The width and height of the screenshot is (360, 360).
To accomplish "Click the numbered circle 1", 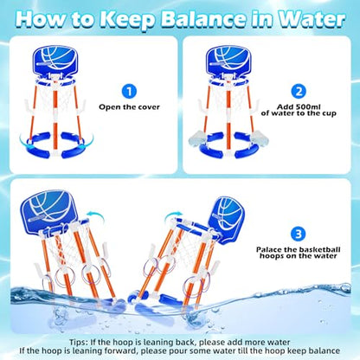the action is coord(129,92).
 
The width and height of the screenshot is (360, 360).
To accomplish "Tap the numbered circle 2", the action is coord(299,92).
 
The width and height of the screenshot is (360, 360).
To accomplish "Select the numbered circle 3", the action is coord(298,234).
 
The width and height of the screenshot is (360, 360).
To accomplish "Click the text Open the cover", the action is coord(129,107).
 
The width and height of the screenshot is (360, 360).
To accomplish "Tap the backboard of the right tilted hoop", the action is coord(227,220).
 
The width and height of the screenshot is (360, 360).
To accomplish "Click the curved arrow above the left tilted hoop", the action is coord(95,215).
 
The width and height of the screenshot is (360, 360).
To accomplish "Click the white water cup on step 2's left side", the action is coord(197,138).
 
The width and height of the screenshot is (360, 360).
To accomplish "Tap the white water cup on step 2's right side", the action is coord(260,138).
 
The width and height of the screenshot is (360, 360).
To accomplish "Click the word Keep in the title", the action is coord(127,19).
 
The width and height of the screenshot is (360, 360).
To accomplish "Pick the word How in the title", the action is coord(41,18).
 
